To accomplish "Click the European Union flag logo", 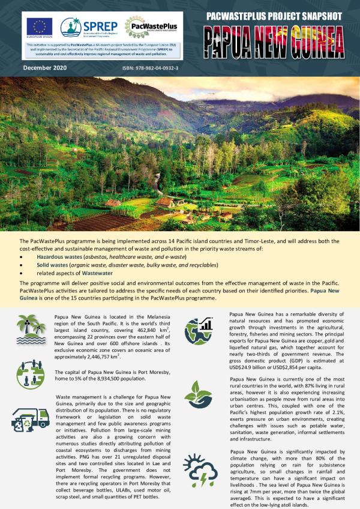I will pos(40,27).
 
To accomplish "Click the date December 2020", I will pos(46,68).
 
